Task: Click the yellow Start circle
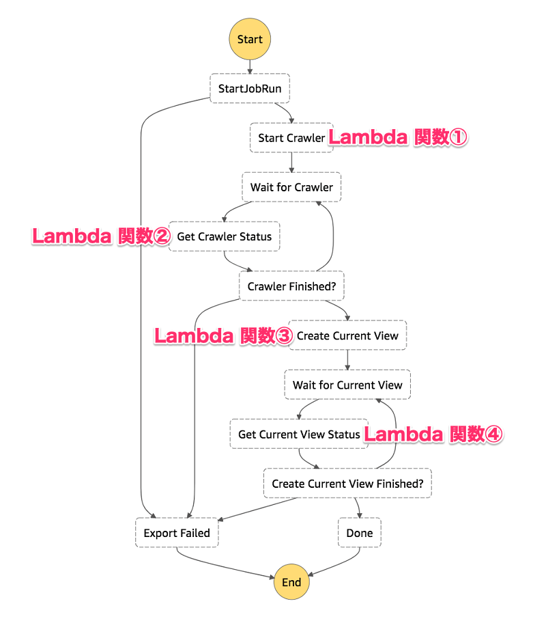pos(250,39)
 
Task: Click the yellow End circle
pos(291,582)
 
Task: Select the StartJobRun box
pos(250,89)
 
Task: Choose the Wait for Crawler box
pos(291,187)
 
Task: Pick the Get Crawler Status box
pos(225,236)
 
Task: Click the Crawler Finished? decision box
pos(291,286)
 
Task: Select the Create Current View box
pos(347,335)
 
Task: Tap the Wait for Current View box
pos(347,385)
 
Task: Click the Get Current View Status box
pos(298,435)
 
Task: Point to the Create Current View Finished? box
pos(347,484)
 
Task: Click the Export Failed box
pos(177,533)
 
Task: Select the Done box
pos(360,533)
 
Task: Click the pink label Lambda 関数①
pos(398,137)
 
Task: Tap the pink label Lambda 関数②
pos(101,236)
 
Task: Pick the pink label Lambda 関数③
pos(223,335)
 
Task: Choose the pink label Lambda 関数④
pos(433,435)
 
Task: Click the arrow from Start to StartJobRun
pos(250,66)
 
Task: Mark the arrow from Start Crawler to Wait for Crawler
pos(291,163)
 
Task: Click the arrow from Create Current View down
pos(347,360)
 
